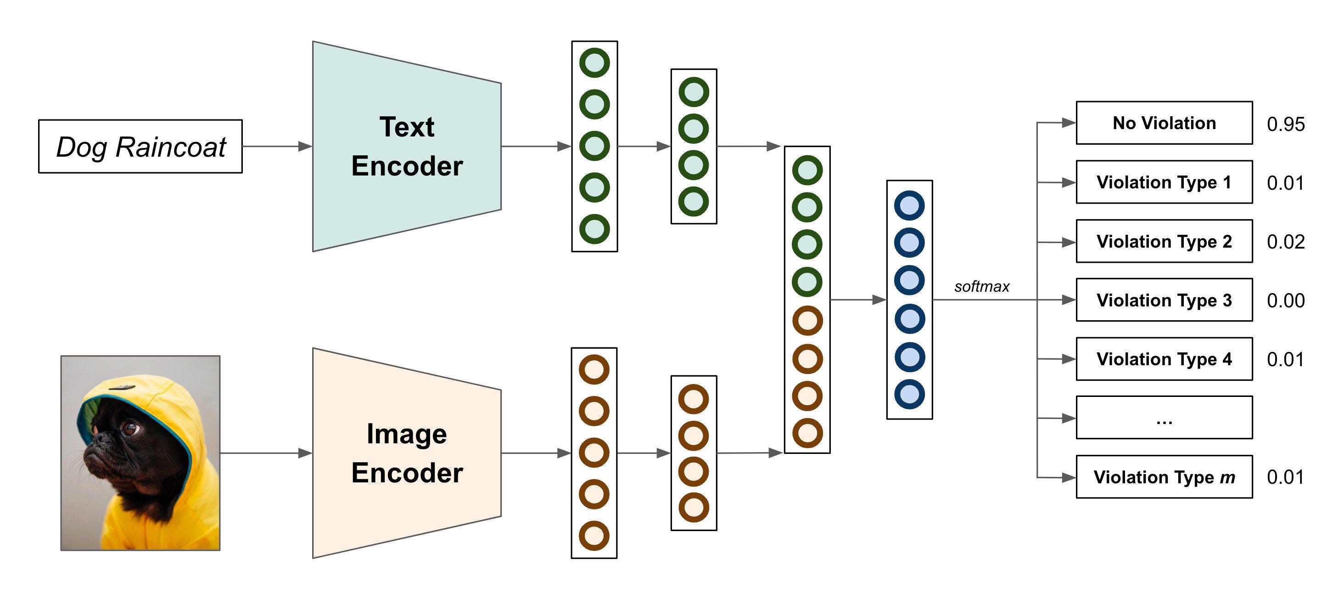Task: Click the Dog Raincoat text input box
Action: [x=140, y=146]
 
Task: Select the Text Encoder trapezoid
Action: [x=407, y=146]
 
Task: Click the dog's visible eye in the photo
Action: [x=130, y=429]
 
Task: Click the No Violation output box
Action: [x=1164, y=123]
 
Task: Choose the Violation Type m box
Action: [x=1164, y=477]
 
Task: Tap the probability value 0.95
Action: [x=1286, y=125]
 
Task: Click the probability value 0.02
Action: [x=1286, y=242]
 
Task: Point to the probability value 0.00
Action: [x=1286, y=301]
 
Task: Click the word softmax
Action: [x=981, y=286]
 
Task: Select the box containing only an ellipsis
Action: [x=1164, y=418]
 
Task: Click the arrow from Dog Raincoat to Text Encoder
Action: [x=276, y=146]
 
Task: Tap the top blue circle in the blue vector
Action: [x=909, y=205]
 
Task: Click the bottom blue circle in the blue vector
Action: [x=909, y=394]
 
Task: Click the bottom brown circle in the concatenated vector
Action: [x=807, y=433]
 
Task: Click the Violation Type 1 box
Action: [x=1164, y=182]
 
